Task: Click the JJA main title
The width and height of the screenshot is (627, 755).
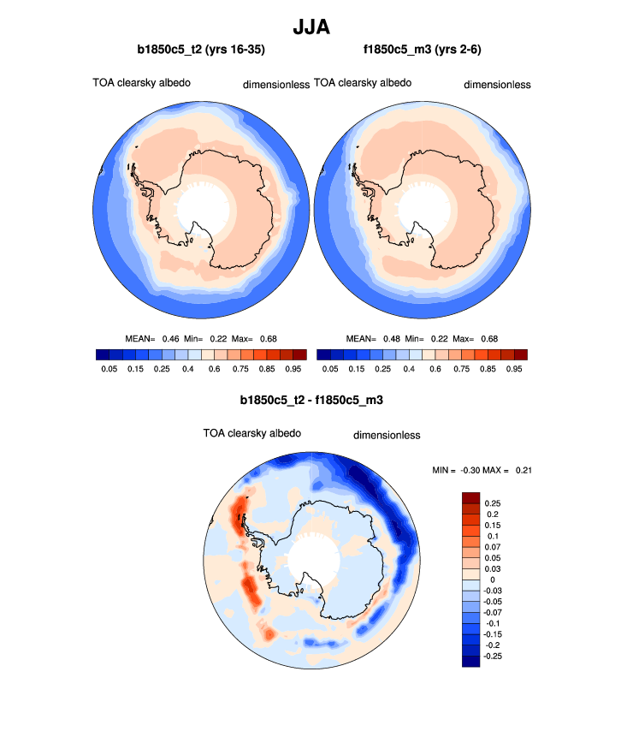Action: (312, 28)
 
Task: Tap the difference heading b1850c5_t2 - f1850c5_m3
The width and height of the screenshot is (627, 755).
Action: (313, 399)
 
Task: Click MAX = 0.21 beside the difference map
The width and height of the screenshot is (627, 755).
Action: (509, 469)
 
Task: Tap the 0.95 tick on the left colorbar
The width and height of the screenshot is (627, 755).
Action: (293, 369)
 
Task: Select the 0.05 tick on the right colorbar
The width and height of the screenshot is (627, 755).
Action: (329, 369)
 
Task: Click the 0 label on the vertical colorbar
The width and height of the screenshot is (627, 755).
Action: (493, 580)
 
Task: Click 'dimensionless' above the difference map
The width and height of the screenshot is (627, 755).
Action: (387, 435)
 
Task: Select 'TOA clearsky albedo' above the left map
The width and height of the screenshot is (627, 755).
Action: (141, 83)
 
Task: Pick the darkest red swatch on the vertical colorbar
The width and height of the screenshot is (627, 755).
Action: (471, 497)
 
